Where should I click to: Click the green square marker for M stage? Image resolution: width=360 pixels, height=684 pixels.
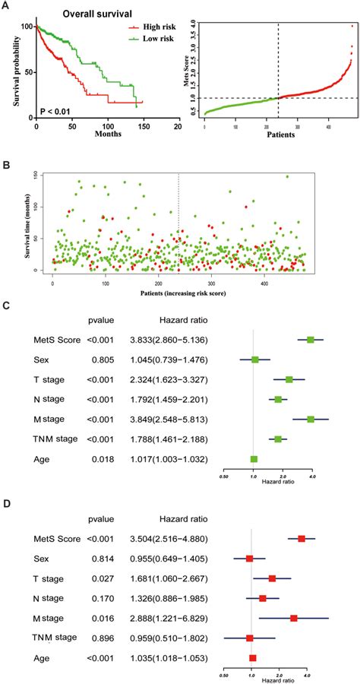coord(310,419)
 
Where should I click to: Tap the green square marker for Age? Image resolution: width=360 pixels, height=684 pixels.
coord(254,458)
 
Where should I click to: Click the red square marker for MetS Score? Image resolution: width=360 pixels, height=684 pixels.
coord(302,538)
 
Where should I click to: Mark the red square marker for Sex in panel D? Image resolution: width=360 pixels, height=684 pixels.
coord(249,558)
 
